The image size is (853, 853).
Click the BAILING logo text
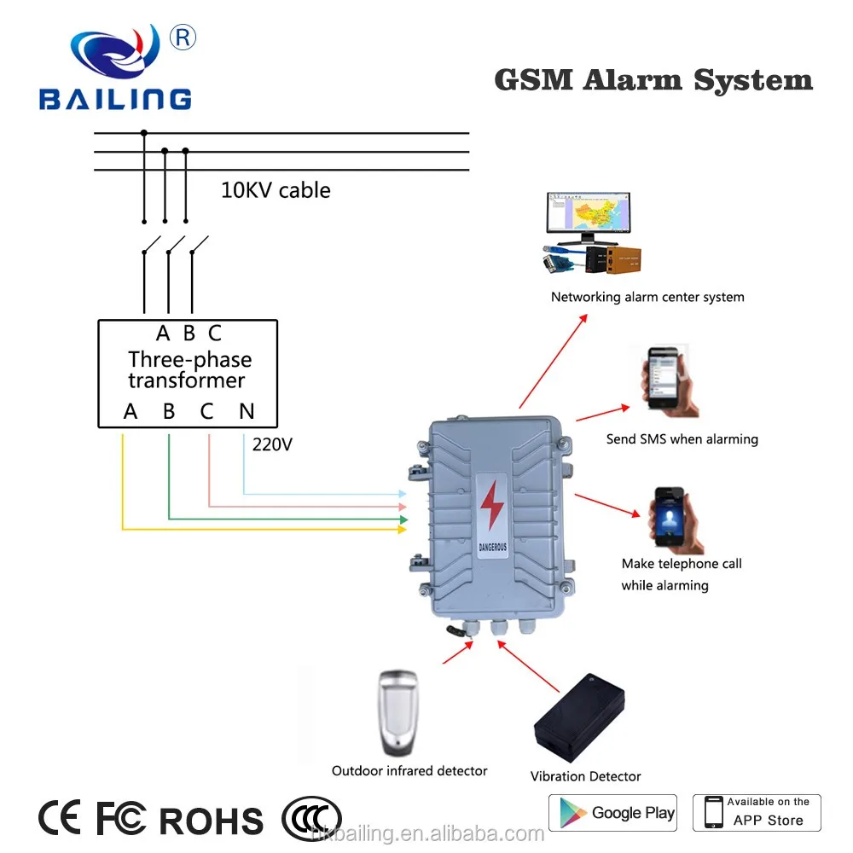click(114, 97)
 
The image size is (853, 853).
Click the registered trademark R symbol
click(184, 36)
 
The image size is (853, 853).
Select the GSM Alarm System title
click(653, 80)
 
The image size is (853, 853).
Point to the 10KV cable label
click(276, 189)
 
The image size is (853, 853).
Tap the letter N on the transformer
click(247, 411)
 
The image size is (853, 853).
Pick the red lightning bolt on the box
click(491, 507)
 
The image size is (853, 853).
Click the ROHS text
click(212, 821)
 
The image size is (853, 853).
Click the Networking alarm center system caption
click(647, 297)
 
